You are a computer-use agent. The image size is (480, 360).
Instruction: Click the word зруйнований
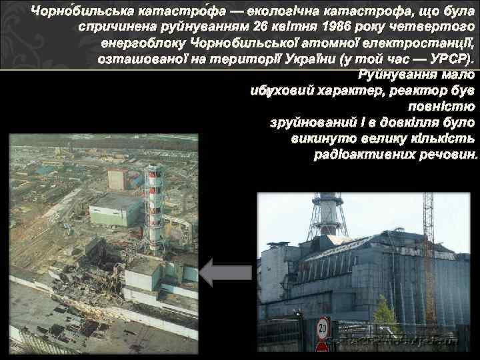point(301,122)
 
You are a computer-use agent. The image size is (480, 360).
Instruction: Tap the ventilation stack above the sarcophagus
point(327,213)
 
